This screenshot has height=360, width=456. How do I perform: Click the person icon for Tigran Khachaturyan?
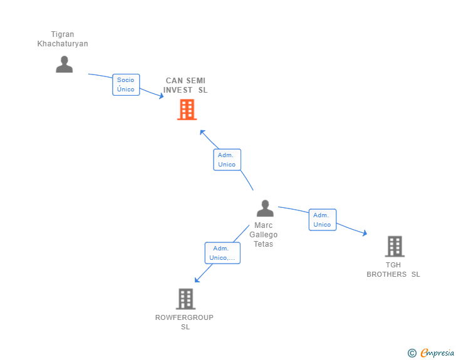pyautogui.click(x=64, y=64)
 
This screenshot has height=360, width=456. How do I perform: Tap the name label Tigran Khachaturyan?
pyautogui.click(x=63, y=39)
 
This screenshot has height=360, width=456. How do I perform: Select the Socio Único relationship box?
pyautogui.click(x=126, y=85)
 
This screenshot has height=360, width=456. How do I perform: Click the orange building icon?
pyautogui.click(x=187, y=110)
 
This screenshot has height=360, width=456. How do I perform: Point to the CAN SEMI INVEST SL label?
pyautogui.click(x=185, y=85)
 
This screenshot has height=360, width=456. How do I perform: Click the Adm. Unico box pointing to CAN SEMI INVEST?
pyautogui.click(x=227, y=160)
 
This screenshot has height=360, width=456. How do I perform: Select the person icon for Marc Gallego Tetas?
pyautogui.click(x=265, y=208)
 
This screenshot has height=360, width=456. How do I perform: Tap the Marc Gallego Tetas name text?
pyautogui.click(x=264, y=235)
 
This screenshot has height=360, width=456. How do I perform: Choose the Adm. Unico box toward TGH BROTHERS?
pyautogui.click(x=323, y=220)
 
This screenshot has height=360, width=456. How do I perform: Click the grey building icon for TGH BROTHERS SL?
pyautogui.click(x=395, y=247)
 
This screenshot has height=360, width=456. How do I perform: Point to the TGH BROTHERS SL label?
pyautogui.click(x=393, y=269)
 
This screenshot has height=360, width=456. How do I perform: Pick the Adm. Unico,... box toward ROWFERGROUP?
pyautogui.click(x=222, y=253)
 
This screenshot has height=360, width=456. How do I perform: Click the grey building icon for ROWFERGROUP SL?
pyautogui.click(x=185, y=299)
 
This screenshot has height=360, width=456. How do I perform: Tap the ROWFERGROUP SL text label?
pyautogui.click(x=185, y=322)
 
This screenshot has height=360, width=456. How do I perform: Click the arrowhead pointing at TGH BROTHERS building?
pyautogui.click(x=365, y=234)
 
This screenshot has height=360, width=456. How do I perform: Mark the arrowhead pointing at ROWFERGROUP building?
pyautogui.click(x=197, y=280)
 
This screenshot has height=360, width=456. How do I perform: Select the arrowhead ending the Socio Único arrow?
pyautogui.click(x=161, y=96)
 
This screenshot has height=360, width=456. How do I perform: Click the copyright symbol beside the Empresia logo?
pyautogui.click(x=412, y=353)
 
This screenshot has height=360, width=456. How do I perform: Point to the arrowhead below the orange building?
pyautogui.click(x=202, y=132)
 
